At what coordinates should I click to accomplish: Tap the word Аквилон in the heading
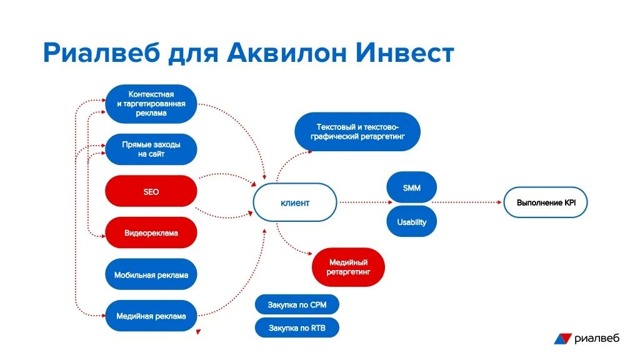[x=287, y=54]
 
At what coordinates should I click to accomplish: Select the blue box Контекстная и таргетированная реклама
[x=151, y=104]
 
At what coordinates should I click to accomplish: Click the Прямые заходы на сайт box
[x=151, y=149]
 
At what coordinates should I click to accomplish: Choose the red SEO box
[x=151, y=192]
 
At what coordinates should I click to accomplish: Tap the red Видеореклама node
[x=151, y=233]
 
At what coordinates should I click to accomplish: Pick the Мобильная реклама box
[x=151, y=275]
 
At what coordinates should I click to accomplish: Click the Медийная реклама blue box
[x=151, y=316]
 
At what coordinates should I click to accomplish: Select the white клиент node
[x=295, y=203]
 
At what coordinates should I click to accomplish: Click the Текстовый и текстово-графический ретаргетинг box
[x=357, y=132]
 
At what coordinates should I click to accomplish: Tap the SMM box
[x=411, y=187]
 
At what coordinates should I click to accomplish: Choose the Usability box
[x=411, y=222]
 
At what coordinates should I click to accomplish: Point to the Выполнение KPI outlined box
[x=546, y=203]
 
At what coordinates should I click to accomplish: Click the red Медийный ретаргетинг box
[x=348, y=267]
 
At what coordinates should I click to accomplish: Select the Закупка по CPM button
[x=297, y=305]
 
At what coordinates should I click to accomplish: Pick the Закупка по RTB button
[x=297, y=327]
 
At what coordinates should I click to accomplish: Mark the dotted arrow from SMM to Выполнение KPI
[x=469, y=202]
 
